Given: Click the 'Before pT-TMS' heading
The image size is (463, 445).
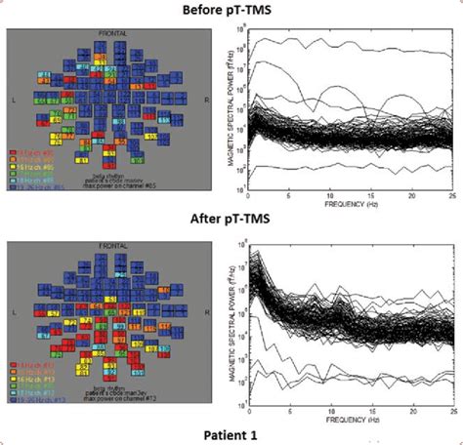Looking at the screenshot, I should (x=231, y=10).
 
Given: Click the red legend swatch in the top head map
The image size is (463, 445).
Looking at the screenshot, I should (x=13, y=153).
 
